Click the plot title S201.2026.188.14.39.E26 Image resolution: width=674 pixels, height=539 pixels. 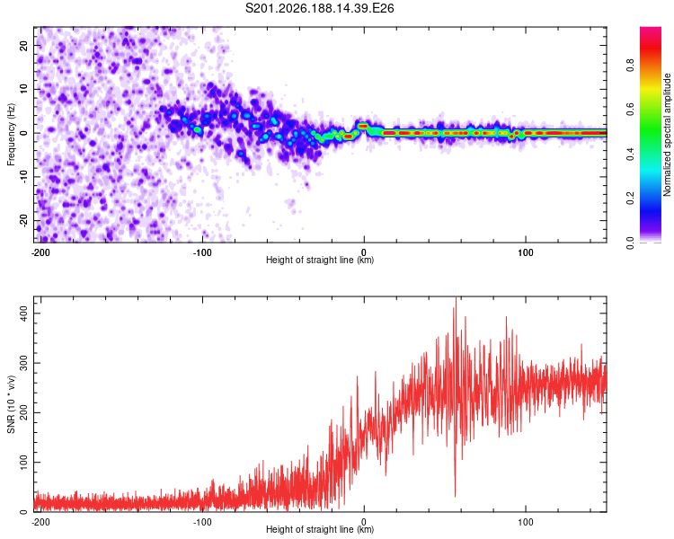point(319,8)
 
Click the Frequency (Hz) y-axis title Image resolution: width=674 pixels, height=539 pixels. point(11,135)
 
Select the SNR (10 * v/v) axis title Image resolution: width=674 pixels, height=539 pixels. point(11,404)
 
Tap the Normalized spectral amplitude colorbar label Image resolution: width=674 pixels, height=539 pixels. point(667,135)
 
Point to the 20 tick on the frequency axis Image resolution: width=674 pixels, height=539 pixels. point(23,45)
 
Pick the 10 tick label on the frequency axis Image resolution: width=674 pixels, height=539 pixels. point(23,89)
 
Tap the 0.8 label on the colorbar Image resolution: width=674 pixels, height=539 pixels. point(630,66)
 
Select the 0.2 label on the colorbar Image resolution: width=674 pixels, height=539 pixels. point(630,199)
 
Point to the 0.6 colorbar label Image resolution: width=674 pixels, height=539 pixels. point(630,110)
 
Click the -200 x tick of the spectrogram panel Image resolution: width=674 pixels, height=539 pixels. point(40,252)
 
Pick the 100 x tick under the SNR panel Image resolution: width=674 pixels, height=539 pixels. point(526,522)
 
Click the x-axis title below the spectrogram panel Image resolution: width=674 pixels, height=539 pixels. point(320,260)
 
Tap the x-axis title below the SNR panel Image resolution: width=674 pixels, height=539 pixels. point(320,529)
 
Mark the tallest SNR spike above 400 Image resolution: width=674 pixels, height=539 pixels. point(456,298)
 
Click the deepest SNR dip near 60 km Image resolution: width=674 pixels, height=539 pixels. point(456,496)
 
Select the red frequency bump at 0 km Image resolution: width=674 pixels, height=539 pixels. point(363,126)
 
